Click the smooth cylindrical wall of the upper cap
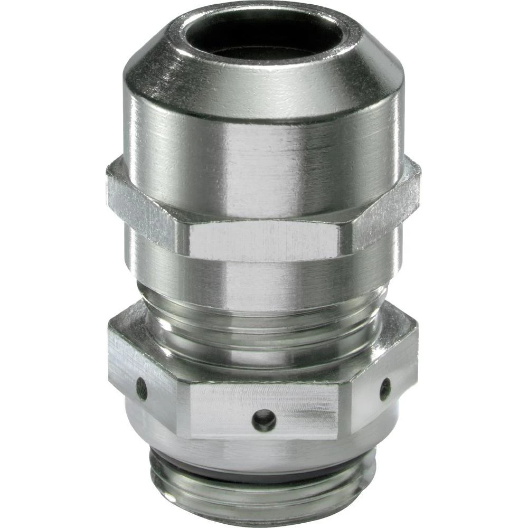[x=264, y=143]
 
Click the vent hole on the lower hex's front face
[x=263, y=420]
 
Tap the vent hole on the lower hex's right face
[x=385, y=389]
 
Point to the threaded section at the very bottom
[x=264, y=502]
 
